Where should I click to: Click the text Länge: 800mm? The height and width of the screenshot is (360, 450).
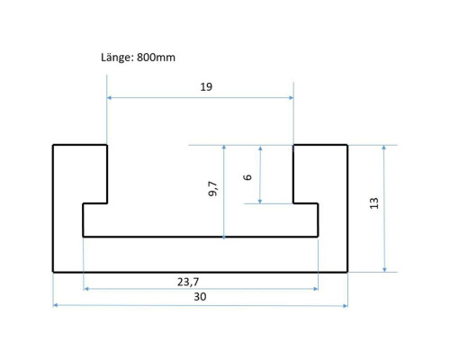(138, 58)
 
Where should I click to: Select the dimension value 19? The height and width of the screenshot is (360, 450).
(206, 87)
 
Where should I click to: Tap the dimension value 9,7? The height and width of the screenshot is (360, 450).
(212, 189)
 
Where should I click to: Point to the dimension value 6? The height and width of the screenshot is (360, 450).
(247, 177)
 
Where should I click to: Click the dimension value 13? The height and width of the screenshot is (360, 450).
(373, 203)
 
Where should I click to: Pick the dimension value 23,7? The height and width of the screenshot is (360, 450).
(188, 282)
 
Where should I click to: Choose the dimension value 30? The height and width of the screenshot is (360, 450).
(200, 297)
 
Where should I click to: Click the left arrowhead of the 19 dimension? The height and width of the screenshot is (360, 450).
(110, 98)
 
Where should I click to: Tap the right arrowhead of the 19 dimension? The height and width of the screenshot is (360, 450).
(291, 98)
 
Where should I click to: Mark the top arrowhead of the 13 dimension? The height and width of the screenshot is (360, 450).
(384, 148)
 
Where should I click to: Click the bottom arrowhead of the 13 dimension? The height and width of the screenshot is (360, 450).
(384, 270)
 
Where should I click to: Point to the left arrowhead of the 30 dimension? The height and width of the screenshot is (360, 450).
(56, 305)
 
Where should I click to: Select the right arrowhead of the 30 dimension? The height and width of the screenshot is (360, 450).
(346, 306)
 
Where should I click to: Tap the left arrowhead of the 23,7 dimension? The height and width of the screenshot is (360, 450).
(86, 289)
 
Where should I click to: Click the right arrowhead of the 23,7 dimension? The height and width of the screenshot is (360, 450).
(316, 289)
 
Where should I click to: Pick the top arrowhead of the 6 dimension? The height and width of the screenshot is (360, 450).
(260, 148)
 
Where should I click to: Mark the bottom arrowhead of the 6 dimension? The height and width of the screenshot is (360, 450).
(260, 201)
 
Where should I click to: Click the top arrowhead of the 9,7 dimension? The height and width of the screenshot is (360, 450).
(224, 148)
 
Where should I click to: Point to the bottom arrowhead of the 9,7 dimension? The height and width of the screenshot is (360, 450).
(224, 237)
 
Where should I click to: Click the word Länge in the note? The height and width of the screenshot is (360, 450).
(117, 58)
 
